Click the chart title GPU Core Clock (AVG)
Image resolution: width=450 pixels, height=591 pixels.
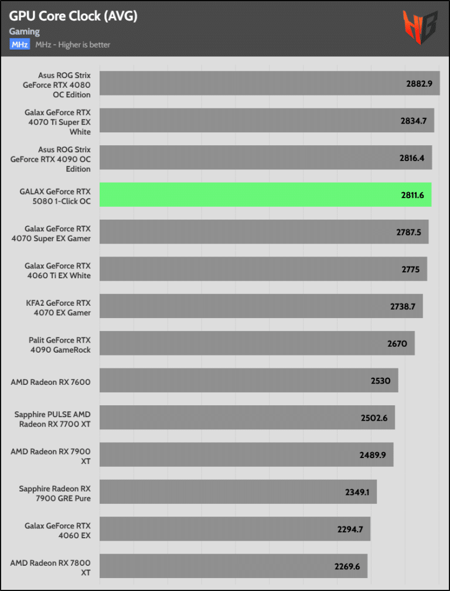coord(73,16)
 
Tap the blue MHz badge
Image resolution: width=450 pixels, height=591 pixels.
coord(19,45)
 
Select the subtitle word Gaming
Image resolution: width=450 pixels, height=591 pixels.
coord(25,31)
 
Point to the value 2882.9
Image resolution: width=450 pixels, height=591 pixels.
coord(419,84)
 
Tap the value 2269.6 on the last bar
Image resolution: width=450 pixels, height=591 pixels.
coord(347,566)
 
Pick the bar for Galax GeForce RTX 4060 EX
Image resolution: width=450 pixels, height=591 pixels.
coord(234,529)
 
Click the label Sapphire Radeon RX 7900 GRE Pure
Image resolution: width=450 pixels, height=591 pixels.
coord(54,493)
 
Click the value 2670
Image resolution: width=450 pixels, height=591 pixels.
coord(397,344)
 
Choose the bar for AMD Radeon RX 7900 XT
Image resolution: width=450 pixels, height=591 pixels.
coord(246,455)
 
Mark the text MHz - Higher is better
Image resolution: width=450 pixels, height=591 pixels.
coord(73,45)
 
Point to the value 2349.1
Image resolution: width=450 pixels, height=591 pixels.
coord(357,492)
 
